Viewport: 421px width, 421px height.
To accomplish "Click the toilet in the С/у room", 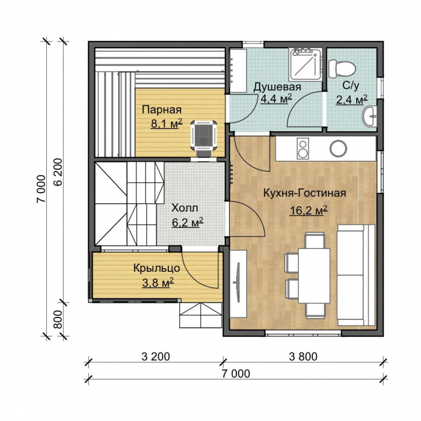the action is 342,69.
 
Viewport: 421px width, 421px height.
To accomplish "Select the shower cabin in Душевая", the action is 306,64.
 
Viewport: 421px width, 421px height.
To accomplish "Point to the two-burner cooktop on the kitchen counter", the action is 303,149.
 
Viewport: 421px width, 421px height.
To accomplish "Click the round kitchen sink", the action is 338,148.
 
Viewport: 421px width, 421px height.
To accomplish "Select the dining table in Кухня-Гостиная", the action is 314,275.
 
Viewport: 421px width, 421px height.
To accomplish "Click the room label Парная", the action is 162,110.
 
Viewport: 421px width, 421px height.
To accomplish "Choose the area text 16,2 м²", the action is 308,210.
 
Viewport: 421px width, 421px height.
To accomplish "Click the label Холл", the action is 185,208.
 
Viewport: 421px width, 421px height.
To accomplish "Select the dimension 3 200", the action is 156,357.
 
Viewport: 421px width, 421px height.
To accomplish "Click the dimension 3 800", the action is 303,357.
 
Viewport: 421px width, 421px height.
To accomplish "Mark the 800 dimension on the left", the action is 57,319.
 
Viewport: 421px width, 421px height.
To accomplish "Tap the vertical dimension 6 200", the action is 58,172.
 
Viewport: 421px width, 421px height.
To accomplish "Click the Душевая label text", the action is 277,87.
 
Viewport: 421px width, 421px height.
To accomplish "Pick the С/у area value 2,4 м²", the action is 352,100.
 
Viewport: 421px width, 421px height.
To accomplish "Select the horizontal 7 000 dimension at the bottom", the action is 236,373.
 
